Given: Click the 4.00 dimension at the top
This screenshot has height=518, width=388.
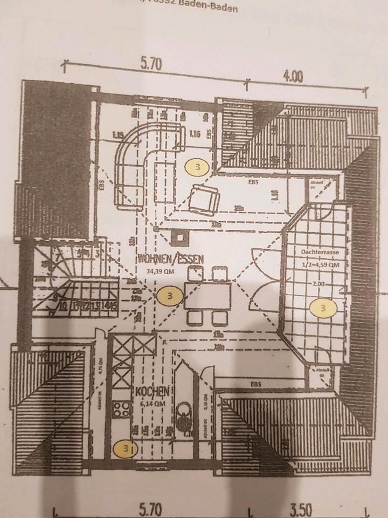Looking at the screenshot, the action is tap(293, 77).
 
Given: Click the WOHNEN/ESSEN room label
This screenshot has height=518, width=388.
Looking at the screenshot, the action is tap(170, 258).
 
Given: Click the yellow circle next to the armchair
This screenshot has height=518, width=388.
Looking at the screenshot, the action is tap(197, 167).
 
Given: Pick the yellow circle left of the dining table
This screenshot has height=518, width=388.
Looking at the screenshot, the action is tap(170, 295).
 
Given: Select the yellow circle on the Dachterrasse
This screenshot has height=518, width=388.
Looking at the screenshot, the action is tap(322, 308).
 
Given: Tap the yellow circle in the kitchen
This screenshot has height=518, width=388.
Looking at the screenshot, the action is tap(126, 447).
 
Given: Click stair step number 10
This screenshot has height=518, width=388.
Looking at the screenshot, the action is tap(64, 308).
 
